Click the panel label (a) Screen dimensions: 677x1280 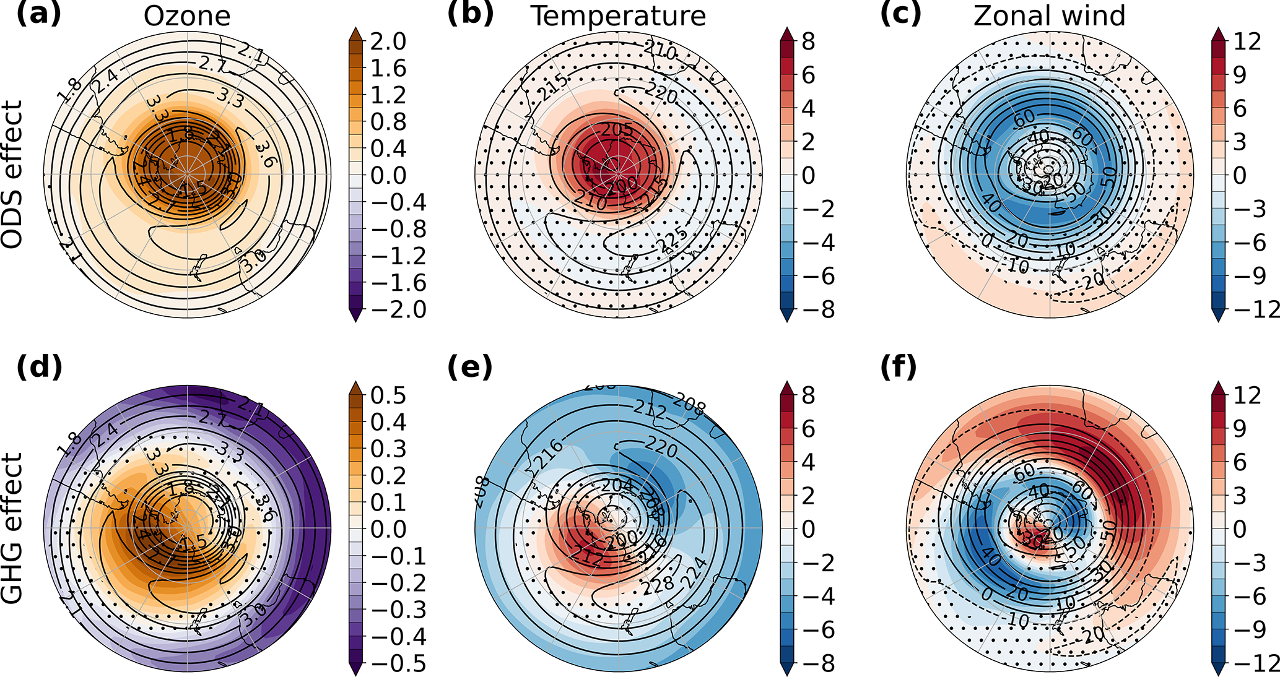[x=38, y=14]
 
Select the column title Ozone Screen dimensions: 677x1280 [x=187, y=16]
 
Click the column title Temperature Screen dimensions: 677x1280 [x=618, y=16]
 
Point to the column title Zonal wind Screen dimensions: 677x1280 [x=1049, y=16]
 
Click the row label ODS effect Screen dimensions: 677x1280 [x=12, y=175]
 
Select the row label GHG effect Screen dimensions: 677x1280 [x=12, y=529]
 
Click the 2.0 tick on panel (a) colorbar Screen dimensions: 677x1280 [x=388, y=42]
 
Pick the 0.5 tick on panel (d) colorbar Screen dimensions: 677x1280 [x=388, y=395]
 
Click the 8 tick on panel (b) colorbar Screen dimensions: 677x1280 [x=808, y=42]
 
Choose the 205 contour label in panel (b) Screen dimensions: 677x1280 [x=617, y=130]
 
